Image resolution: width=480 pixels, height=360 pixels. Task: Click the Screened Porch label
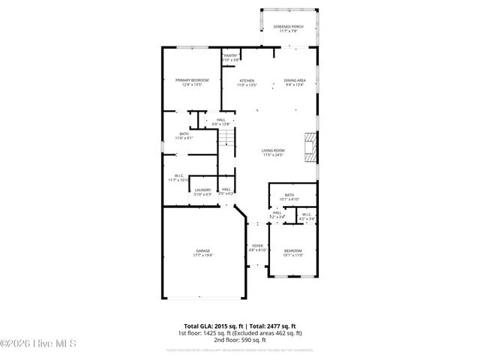(x=289, y=28)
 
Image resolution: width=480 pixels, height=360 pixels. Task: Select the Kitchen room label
(x=247, y=82)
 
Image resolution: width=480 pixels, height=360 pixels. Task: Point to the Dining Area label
(x=294, y=82)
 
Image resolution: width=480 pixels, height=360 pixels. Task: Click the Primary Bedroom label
(x=191, y=82)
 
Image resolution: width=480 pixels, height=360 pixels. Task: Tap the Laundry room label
(x=202, y=192)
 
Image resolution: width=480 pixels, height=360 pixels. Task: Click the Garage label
(x=202, y=253)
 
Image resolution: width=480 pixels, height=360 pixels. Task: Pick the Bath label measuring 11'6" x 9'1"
(x=184, y=136)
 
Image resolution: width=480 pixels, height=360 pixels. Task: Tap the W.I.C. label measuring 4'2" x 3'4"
(x=307, y=217)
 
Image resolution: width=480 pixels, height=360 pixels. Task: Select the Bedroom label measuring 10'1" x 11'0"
(x=292, y=253)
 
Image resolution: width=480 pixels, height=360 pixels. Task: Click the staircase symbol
(x=227, y=138)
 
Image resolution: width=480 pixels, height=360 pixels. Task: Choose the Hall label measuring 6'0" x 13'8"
(x=220, y=121)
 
